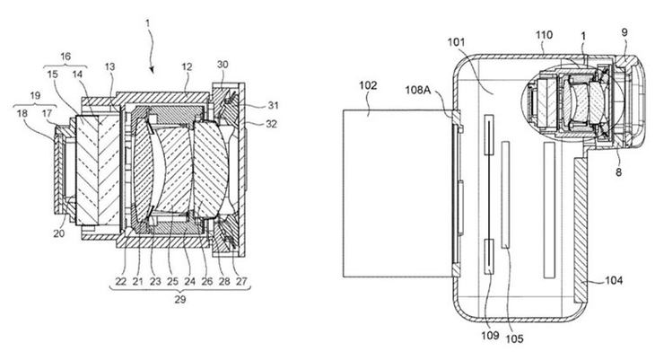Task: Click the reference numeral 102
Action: tap(368, 85)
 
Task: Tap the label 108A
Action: tap(417, 90)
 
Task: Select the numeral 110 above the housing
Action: tap(545, 35)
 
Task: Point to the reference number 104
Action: tap(614, 280)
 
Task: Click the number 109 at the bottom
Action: tap(490, 335)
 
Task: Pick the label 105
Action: tap(514, 338)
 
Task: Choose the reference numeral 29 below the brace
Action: tap(180, 299)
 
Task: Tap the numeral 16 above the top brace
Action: tap(65, 57)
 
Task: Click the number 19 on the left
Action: tap(35, 96)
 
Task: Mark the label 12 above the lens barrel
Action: tap(187, 67)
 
